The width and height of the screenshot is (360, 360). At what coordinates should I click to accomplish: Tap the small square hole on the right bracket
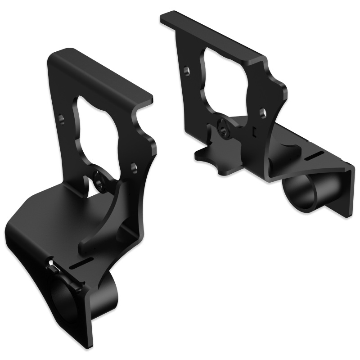(254, 131)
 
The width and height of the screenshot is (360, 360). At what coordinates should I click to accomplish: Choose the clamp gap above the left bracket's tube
(52, 265)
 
